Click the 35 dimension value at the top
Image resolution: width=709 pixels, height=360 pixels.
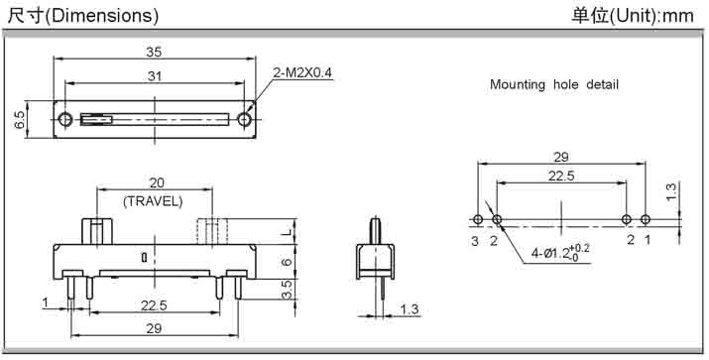pos(154,52)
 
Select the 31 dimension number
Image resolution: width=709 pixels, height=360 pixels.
pos(155,76)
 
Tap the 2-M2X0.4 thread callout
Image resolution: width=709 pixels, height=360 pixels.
pos(302,72)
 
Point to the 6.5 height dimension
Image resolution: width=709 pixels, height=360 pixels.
pos(21,119)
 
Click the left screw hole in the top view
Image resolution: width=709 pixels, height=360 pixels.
pos(65,119)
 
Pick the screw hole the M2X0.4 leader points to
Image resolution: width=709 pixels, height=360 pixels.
pos(245,119)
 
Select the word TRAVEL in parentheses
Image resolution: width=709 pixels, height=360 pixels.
pos(153,201)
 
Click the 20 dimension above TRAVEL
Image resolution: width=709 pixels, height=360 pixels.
pos(157,182)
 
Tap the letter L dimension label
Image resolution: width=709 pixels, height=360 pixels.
pos(288,231)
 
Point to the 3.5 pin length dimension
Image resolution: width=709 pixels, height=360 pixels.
pos(288,290)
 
